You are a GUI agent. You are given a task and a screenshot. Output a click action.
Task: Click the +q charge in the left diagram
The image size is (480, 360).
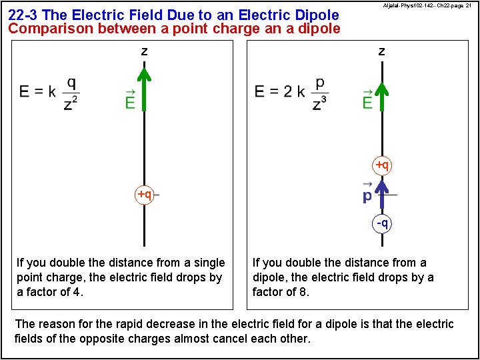[x=145, y=195]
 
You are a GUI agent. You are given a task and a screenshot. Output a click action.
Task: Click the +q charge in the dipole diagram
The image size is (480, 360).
[x=382, y=164]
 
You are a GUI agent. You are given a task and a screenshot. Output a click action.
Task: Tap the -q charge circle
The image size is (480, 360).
[x=382, y=223]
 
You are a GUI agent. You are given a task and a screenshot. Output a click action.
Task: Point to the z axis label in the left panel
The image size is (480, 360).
[x=144, y=51]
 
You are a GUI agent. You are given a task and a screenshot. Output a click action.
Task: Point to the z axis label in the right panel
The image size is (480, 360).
[x=381, y=51]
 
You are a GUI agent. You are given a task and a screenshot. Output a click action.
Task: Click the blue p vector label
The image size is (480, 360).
[x=367, y=195]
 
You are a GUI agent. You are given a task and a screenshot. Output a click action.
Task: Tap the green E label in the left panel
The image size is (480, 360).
[x=130, y=101]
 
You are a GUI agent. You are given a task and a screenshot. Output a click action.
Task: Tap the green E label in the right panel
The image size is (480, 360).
[x=367, y=101]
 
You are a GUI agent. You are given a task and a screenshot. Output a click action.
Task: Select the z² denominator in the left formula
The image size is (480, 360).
[x=70, y=103]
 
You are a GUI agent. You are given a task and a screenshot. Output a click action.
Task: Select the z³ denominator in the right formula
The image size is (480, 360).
[x=320, y=103]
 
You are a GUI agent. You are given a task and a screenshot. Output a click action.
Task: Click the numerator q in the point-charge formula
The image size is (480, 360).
[x=71, y=83]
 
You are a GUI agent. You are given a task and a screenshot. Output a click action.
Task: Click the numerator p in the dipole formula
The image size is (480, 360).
[x=321, y=83]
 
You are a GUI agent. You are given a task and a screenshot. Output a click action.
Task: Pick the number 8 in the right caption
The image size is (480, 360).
[x=302, y=292]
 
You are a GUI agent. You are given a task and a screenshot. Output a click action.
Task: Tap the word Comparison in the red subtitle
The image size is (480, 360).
[x=50, y=29]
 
